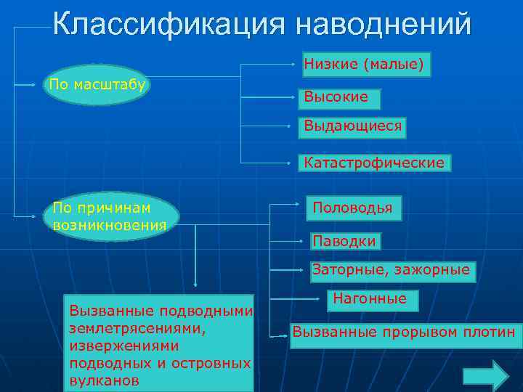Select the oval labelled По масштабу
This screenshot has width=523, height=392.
pos(97,85)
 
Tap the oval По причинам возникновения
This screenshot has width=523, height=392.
pos(110,217)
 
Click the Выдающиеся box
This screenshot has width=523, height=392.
pos(352,127)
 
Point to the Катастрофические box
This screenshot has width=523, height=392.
pos(374,163)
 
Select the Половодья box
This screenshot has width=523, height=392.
pos(352,208)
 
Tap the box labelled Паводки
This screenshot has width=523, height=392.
pos(344,240)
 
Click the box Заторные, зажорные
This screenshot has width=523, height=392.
pos(391,271)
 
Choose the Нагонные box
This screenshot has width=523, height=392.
pos(370,298)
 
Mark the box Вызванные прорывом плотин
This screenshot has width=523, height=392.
pos(403,333)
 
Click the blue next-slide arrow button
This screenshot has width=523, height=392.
pos(486,375)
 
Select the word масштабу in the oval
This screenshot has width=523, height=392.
pos(115,85)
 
